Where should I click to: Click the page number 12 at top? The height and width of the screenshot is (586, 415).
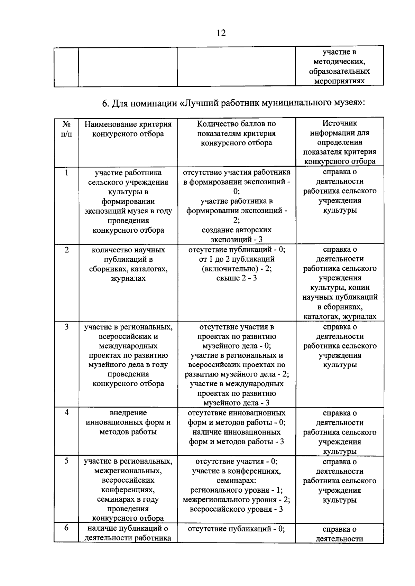(221, 33)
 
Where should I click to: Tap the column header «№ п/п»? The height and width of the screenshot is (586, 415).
(66, 129)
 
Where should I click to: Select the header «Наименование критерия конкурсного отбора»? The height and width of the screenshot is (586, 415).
(128, 129)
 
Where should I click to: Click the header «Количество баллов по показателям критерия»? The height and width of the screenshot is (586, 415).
(236, 133)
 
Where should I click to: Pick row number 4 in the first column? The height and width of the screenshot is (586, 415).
(66, 413)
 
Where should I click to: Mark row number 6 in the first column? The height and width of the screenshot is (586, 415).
(66, 528)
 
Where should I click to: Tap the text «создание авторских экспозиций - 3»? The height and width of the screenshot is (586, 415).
(237, 235)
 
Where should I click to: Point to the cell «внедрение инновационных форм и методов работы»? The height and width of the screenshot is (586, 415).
(128, 422)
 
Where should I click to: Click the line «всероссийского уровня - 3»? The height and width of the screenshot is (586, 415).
(237, 509)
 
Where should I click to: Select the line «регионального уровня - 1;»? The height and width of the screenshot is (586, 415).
(237, 490)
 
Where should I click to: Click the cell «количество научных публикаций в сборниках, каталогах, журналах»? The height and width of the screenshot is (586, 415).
(128, 264)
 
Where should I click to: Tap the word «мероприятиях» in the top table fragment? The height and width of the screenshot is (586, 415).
(339, 81)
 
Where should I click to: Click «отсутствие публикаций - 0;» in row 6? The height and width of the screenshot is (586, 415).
(236, 529)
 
